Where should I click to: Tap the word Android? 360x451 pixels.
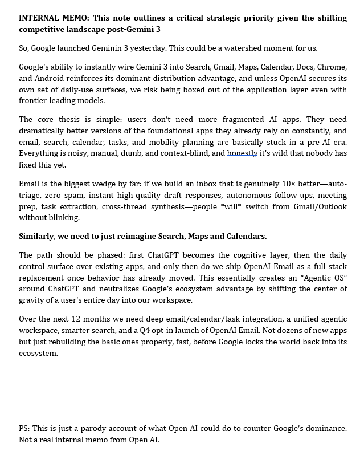(50, 78)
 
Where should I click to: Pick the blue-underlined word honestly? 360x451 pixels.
(242, 153)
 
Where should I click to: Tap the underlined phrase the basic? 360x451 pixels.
(103, 342)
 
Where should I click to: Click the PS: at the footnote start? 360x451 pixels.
(24, 428)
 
